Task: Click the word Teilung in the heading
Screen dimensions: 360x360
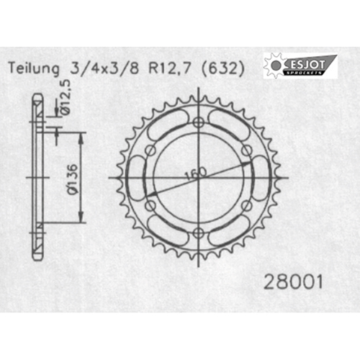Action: click(34, 69)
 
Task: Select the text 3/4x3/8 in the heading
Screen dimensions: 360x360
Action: click(104, 68)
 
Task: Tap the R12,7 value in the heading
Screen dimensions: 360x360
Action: click(170, 69)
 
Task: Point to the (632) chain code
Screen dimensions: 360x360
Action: click(223, 69)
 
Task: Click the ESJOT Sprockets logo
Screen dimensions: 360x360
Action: click(300, 66)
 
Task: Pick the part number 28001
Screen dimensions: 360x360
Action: click(293, 282)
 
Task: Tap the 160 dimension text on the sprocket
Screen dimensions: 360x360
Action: click(196, 173)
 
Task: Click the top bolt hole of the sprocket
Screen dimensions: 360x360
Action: click(198, 122)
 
